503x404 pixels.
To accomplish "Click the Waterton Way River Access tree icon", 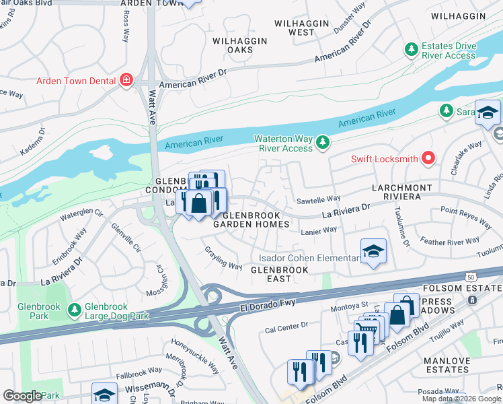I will coord(323,141).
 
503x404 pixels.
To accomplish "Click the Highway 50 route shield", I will coord(471,277).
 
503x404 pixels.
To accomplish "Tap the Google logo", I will coord(22,396).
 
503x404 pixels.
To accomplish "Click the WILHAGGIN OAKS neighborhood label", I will coord(240,46).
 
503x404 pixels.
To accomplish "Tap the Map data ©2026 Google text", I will coord(461,399).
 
